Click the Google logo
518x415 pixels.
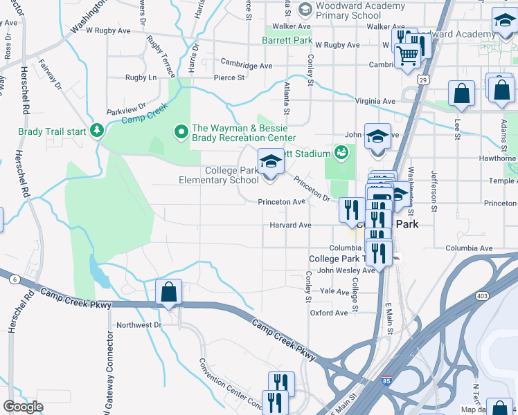pos(23,407)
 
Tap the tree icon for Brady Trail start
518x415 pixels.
pos(97,130)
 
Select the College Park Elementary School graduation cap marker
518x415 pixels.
pos(270,164)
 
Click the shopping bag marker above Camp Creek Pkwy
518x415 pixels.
pos(168,293)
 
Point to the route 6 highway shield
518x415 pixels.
pos(14,279)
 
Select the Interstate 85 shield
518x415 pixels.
pos(385,381)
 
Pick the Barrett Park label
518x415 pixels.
pos(287,41)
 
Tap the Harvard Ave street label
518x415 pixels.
pos(291,225)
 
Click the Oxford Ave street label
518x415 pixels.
pos(328,313)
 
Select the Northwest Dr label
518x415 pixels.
pos(139,324)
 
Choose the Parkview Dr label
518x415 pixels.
pos(126,109)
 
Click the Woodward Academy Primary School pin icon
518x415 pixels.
pos(304,9)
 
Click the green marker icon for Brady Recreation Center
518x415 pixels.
pos(181,130)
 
